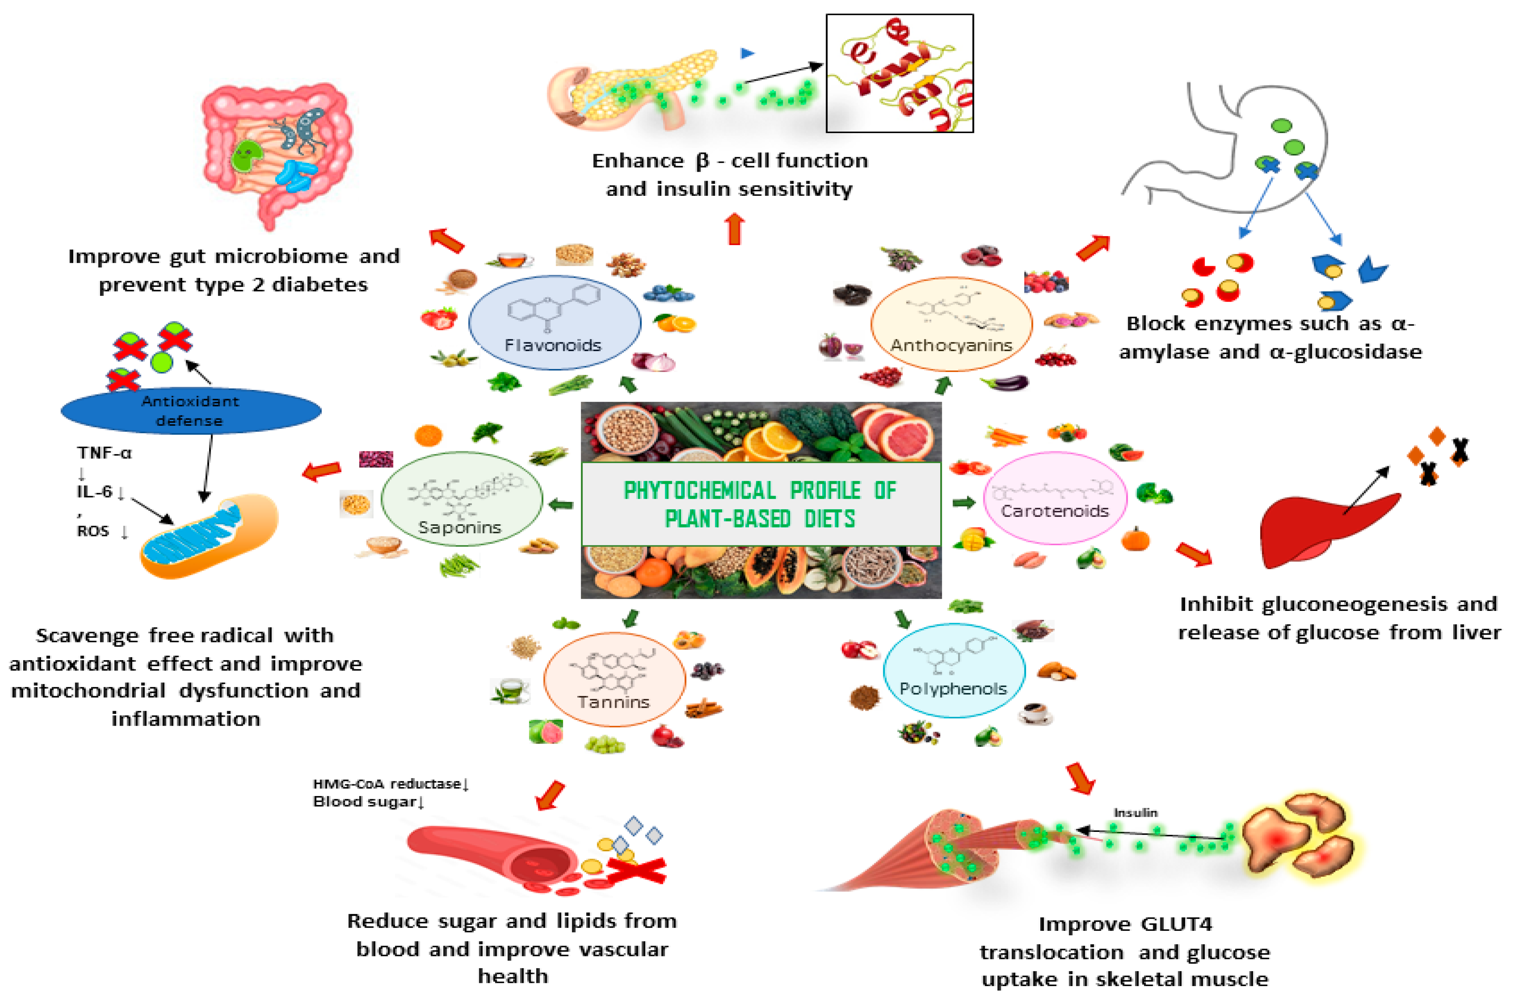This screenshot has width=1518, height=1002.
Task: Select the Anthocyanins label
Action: click(951, 346)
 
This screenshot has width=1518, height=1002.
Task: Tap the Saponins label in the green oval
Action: click(459, 527)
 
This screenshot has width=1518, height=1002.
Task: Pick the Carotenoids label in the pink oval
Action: click(1055, 511)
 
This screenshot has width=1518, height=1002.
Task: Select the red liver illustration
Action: click(1316, 527)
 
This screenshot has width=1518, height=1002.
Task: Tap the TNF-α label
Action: click(104, 453)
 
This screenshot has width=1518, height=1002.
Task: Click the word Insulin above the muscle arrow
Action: click(1135, 813)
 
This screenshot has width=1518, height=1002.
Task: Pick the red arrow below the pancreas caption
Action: click(735, 229)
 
